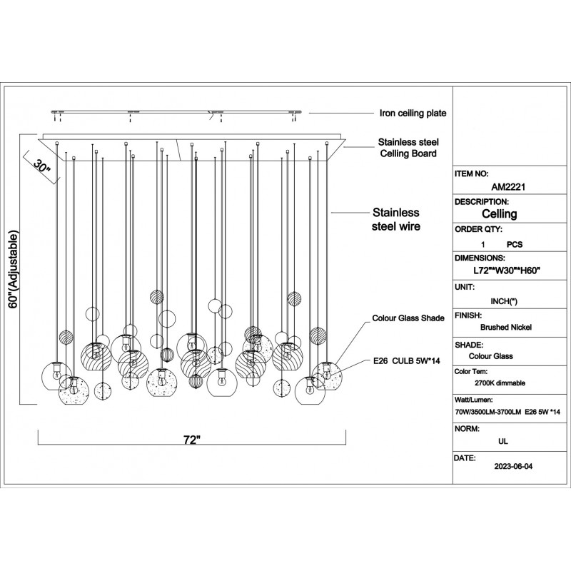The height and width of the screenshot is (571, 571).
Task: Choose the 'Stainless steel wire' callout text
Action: click(x=396, y=220)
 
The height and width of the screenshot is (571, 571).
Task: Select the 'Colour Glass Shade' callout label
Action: click(x=408, y=318)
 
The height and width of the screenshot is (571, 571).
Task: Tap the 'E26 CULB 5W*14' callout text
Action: click(x=402, y=362)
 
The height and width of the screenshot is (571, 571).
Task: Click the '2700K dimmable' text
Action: click(x=499, y=383)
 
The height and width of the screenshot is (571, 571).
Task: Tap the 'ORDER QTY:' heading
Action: click(x=478, y=230)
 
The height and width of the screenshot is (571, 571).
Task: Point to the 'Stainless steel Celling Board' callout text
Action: click(x=408, y=148)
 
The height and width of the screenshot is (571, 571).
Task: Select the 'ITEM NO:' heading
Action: click(x=473, y=173)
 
